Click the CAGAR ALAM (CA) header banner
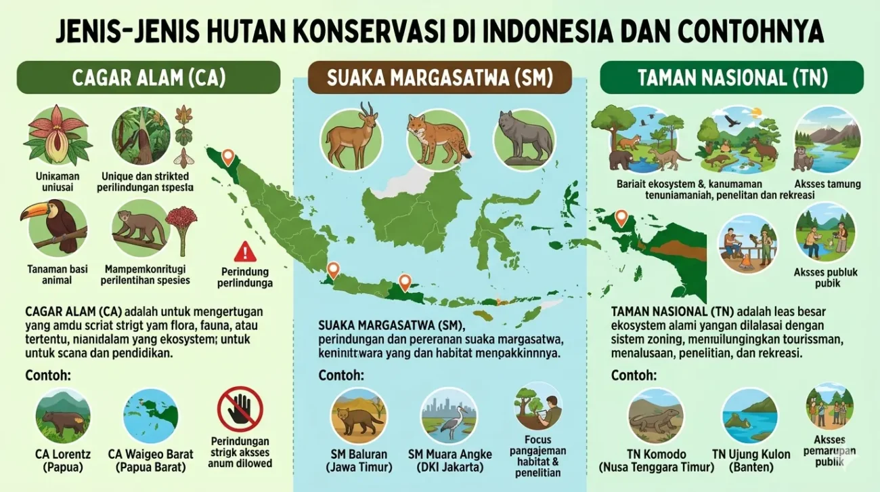click(148, 77)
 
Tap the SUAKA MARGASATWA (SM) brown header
click(439, 77)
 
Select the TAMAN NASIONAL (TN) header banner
click(732, 77)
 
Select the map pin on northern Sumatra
click(228, 157)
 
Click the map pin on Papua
click(620, 218)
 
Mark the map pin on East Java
click(405, 282)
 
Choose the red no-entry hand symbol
click(240, 409)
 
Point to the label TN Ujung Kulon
click(751, 454)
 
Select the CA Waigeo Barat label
click(150, 454)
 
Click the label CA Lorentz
click(63, 454)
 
